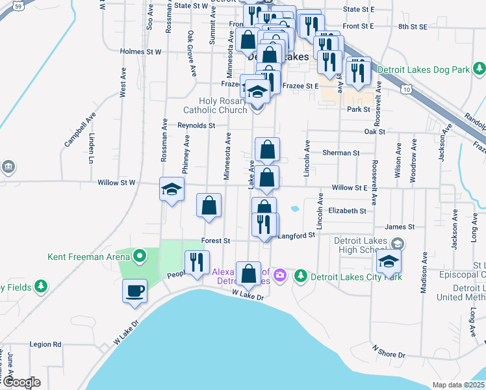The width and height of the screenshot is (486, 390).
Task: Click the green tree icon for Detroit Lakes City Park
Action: [x=300, y=276]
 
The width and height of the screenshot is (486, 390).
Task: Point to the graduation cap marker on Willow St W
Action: [x=172, y=189]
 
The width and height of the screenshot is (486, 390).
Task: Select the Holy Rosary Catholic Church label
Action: [x=215, y=105]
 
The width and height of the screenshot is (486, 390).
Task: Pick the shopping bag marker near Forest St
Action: [x=209, y=206]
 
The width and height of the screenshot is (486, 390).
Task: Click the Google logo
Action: [x=21, y=382]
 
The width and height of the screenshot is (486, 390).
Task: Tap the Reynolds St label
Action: [x=196, y=125]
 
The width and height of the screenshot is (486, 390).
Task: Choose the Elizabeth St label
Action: [x=347, y=211]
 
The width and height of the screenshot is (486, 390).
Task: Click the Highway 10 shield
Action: [x=407, y=88]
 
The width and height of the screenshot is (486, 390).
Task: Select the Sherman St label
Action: [x=341, y=153]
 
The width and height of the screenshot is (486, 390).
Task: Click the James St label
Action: [x=400, y=227]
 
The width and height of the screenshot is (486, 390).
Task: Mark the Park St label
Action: [x=358, y=110]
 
